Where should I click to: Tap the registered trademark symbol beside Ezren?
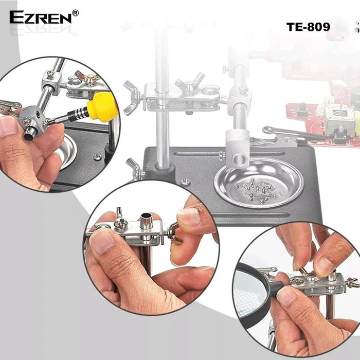point(76,13)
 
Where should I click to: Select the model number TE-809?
point(308,26)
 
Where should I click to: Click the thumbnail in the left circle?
point(8,127)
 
